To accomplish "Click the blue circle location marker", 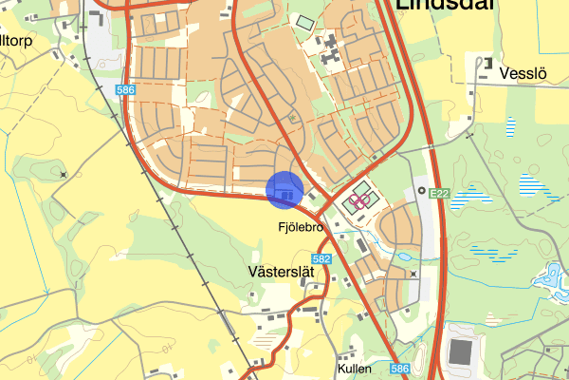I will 284,189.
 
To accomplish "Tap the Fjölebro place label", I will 303,229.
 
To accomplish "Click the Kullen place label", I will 354,368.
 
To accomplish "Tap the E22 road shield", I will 437,194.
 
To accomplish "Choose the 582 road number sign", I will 321,259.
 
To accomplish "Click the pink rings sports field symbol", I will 358,200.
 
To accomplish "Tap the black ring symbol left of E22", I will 420,190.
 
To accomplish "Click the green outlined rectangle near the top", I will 305,22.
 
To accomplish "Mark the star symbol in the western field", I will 63,174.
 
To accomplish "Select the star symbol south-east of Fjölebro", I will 413,274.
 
